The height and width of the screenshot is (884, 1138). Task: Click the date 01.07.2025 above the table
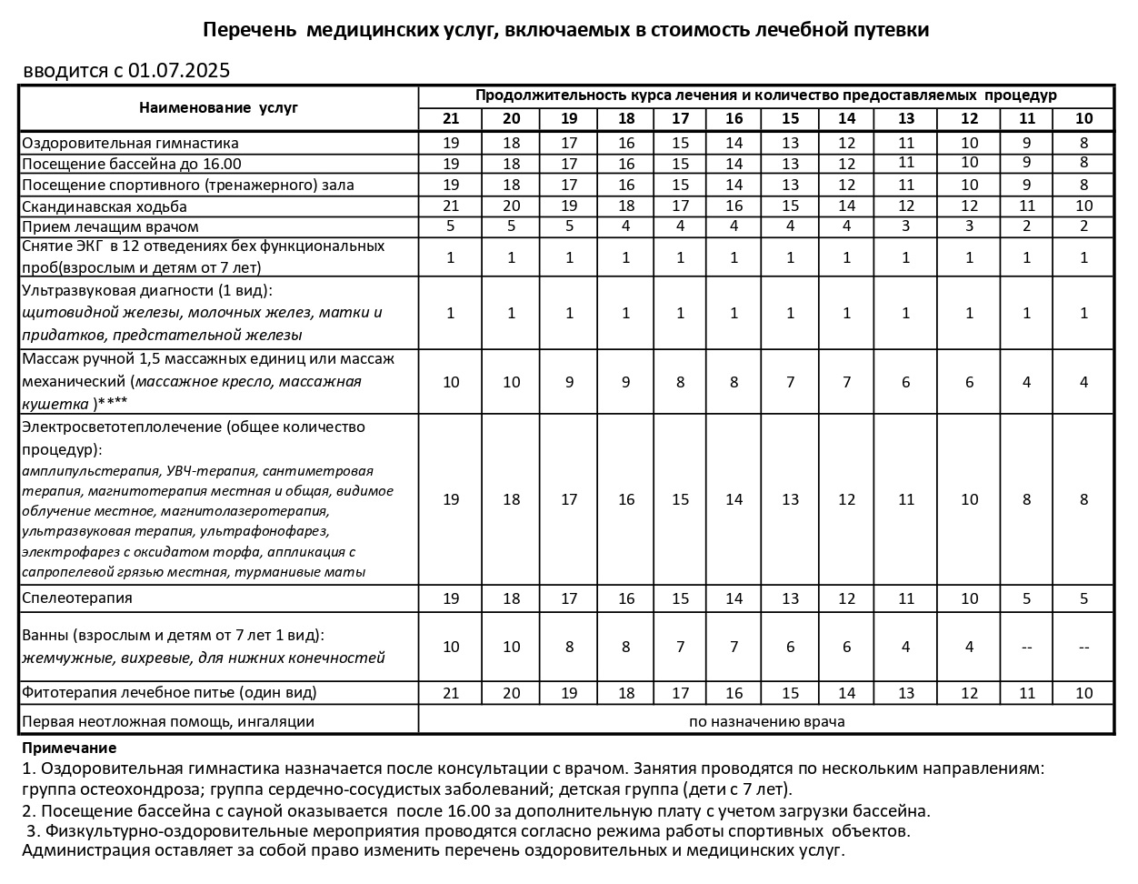click(179, 71)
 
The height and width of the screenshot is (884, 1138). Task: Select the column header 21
click(451, 118)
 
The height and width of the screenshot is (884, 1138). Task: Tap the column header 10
click(1083, 118)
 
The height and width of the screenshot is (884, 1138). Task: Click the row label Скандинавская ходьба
click(105, 206)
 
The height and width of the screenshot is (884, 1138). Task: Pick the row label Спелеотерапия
click(77, 598)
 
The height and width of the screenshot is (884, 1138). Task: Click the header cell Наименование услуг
click(218, 107)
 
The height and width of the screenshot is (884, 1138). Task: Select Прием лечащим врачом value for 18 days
click(626, 226)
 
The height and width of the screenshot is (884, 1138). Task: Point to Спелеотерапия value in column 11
click(1027, 598)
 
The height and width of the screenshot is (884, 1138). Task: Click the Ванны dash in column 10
click(1083, 647)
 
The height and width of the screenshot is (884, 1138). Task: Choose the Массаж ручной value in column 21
click(451, 382)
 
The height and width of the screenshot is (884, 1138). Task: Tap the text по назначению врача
click(766, 721)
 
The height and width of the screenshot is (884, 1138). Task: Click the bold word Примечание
click(69, 748)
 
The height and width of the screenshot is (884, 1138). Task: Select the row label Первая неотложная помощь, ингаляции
click(168, 721)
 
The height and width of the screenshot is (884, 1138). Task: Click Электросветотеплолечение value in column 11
click(1027, 499)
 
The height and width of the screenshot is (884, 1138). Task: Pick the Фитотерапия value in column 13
click(905, 693)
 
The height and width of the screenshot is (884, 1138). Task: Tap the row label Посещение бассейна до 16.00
click(132, 164)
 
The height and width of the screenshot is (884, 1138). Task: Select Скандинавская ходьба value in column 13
click(905, 206)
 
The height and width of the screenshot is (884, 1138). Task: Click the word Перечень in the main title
click(249, 30)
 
